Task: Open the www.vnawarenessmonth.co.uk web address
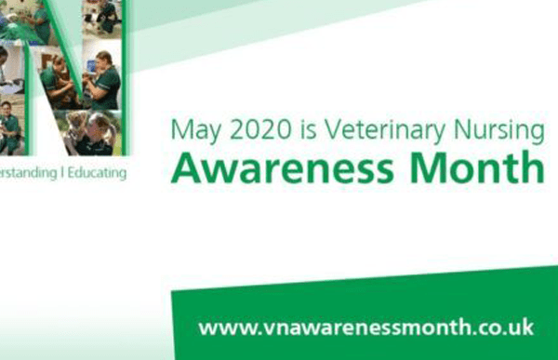point(365,327)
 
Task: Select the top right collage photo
point(101,19)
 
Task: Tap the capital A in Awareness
point(184,167)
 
